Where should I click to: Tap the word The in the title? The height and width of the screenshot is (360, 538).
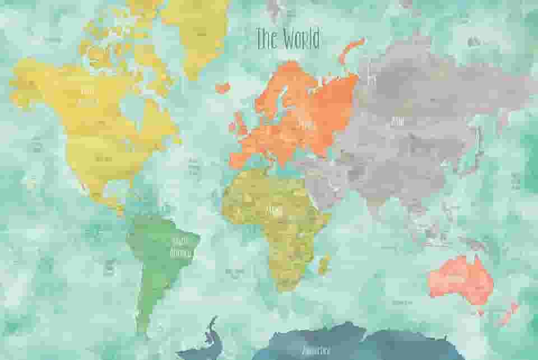pos(266,39)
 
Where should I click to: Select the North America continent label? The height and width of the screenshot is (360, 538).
pos(88,95)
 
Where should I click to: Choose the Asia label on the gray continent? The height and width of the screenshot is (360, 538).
pos(397,120)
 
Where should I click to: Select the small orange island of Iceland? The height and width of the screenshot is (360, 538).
pos(222,87)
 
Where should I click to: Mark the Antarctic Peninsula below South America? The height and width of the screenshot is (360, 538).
pos(210,331)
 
